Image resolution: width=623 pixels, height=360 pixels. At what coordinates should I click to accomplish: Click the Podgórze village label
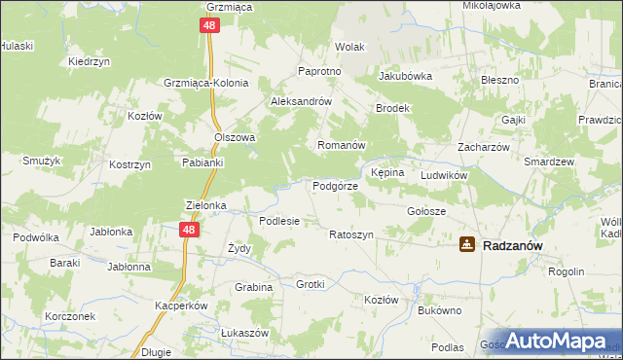[x=335, y=186]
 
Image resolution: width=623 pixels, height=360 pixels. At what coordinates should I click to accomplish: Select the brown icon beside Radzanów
[x=467, y=245]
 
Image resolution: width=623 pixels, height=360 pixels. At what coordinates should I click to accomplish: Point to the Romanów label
[x=341, y=145]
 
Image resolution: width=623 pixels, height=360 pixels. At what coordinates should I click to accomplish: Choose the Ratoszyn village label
[x=350, y=235]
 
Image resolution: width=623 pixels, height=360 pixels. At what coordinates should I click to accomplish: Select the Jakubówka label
[x=405, y=75]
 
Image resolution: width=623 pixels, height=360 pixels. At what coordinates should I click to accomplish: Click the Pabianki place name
[x=203, y=162]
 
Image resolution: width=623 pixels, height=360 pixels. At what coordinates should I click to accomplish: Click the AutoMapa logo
[x=550, y=342]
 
